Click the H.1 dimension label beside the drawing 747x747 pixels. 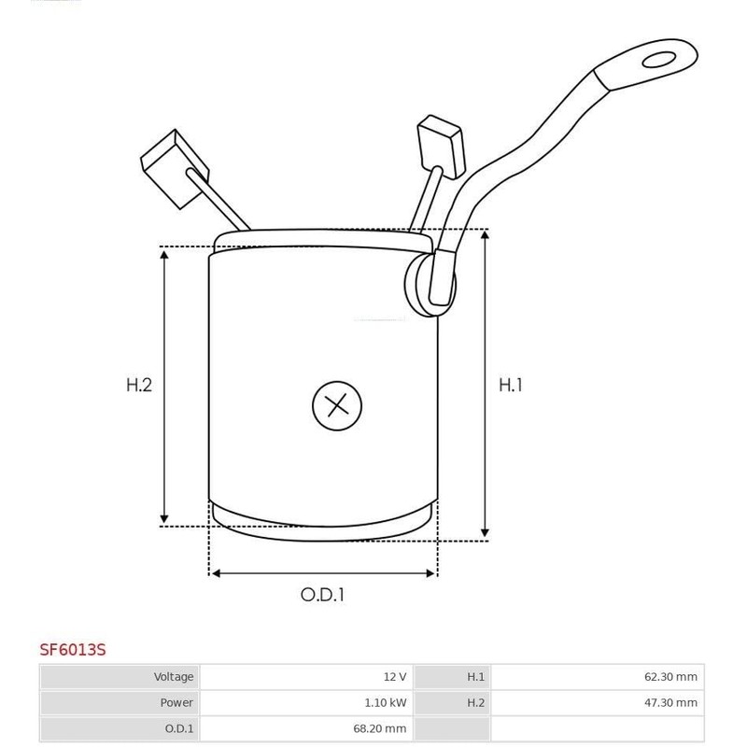pos(510,384)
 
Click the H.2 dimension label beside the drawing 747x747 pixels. pos(138,384)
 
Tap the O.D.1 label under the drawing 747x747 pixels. pos(322,594)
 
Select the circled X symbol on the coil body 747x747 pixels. pos(335,405)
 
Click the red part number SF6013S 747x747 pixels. pos(72,649)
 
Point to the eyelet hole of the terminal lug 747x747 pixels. pos(662,61)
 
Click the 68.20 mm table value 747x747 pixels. pos(381,727)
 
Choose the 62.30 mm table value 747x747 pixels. pos(671,677)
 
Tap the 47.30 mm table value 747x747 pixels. pos(671,702)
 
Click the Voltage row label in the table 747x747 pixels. pos(175,677)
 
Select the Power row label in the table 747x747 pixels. pos(178,702)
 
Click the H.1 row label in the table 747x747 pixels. pos(475,677)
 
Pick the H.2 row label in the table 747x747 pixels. pos(475,702)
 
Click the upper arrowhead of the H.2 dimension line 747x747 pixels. pos(165,254)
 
